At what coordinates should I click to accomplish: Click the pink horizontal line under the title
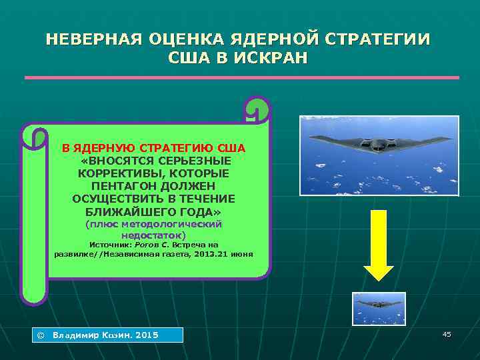tap(241, 78)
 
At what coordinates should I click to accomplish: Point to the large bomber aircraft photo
tap(379, 155)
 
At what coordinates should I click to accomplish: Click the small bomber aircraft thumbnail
tap(379, 308)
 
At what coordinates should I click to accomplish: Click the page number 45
tap(446, 334)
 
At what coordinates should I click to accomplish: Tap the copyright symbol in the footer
tap(39, 335)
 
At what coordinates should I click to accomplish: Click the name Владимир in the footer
tap(75, 335)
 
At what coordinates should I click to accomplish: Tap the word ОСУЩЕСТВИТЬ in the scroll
tap(117, 199)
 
